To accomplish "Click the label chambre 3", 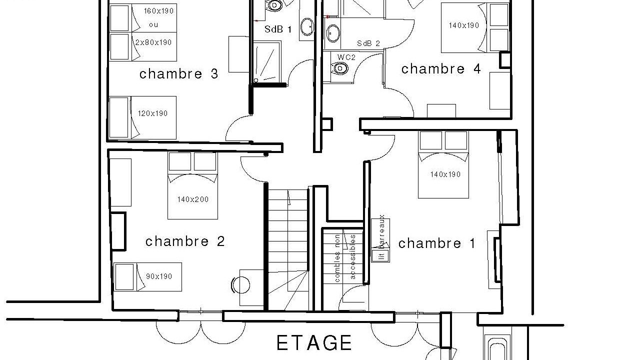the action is click(x=179, y=74).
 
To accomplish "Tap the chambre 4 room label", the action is click(x=441, y=69).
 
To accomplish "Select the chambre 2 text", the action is click(x=185, y=241).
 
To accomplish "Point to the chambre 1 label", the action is click(x=436, y=243).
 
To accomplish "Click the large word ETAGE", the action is click(x=314, y=343).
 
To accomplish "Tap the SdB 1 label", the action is click(x=278, y=29).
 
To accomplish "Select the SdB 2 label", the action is click(x=368, y=43).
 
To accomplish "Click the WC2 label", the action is click(x=346, y=57).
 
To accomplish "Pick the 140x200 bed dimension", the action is click(x=193, y=199).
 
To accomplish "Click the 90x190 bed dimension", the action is click(x=159, y=276).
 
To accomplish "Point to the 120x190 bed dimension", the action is click(x=152, y=113).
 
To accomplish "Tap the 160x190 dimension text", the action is click(x=158, y=11).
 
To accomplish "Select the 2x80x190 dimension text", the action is click(x=153, y=42).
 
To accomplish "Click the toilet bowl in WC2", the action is click(x=339, y=67).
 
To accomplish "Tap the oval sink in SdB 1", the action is click(x=307, y=27).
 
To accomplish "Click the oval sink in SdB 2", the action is click(x=333, y=33).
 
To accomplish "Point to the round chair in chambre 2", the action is click(x=240, y=285).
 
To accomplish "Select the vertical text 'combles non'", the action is click(x=337, y=258).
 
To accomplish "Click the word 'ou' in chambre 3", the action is click(x=153, y=25).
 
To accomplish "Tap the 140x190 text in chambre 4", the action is click(x=463, y=25).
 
